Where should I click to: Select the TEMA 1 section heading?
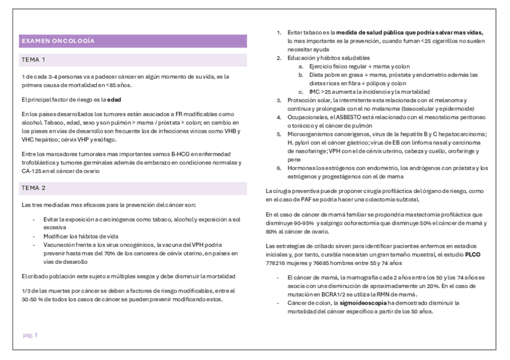coord(34,60)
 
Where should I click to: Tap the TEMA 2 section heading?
coord(34,188)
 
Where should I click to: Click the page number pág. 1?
coord(30,335)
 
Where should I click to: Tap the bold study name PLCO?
coord(473,255)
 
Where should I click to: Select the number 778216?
coord(277,263)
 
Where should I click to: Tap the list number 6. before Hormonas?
coord(278,168)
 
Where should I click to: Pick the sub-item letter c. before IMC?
coord(300,91)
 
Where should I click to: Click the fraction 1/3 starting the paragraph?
coord(25,291)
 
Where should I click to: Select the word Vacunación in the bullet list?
coord(58,245)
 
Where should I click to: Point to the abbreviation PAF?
coord(301,199)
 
